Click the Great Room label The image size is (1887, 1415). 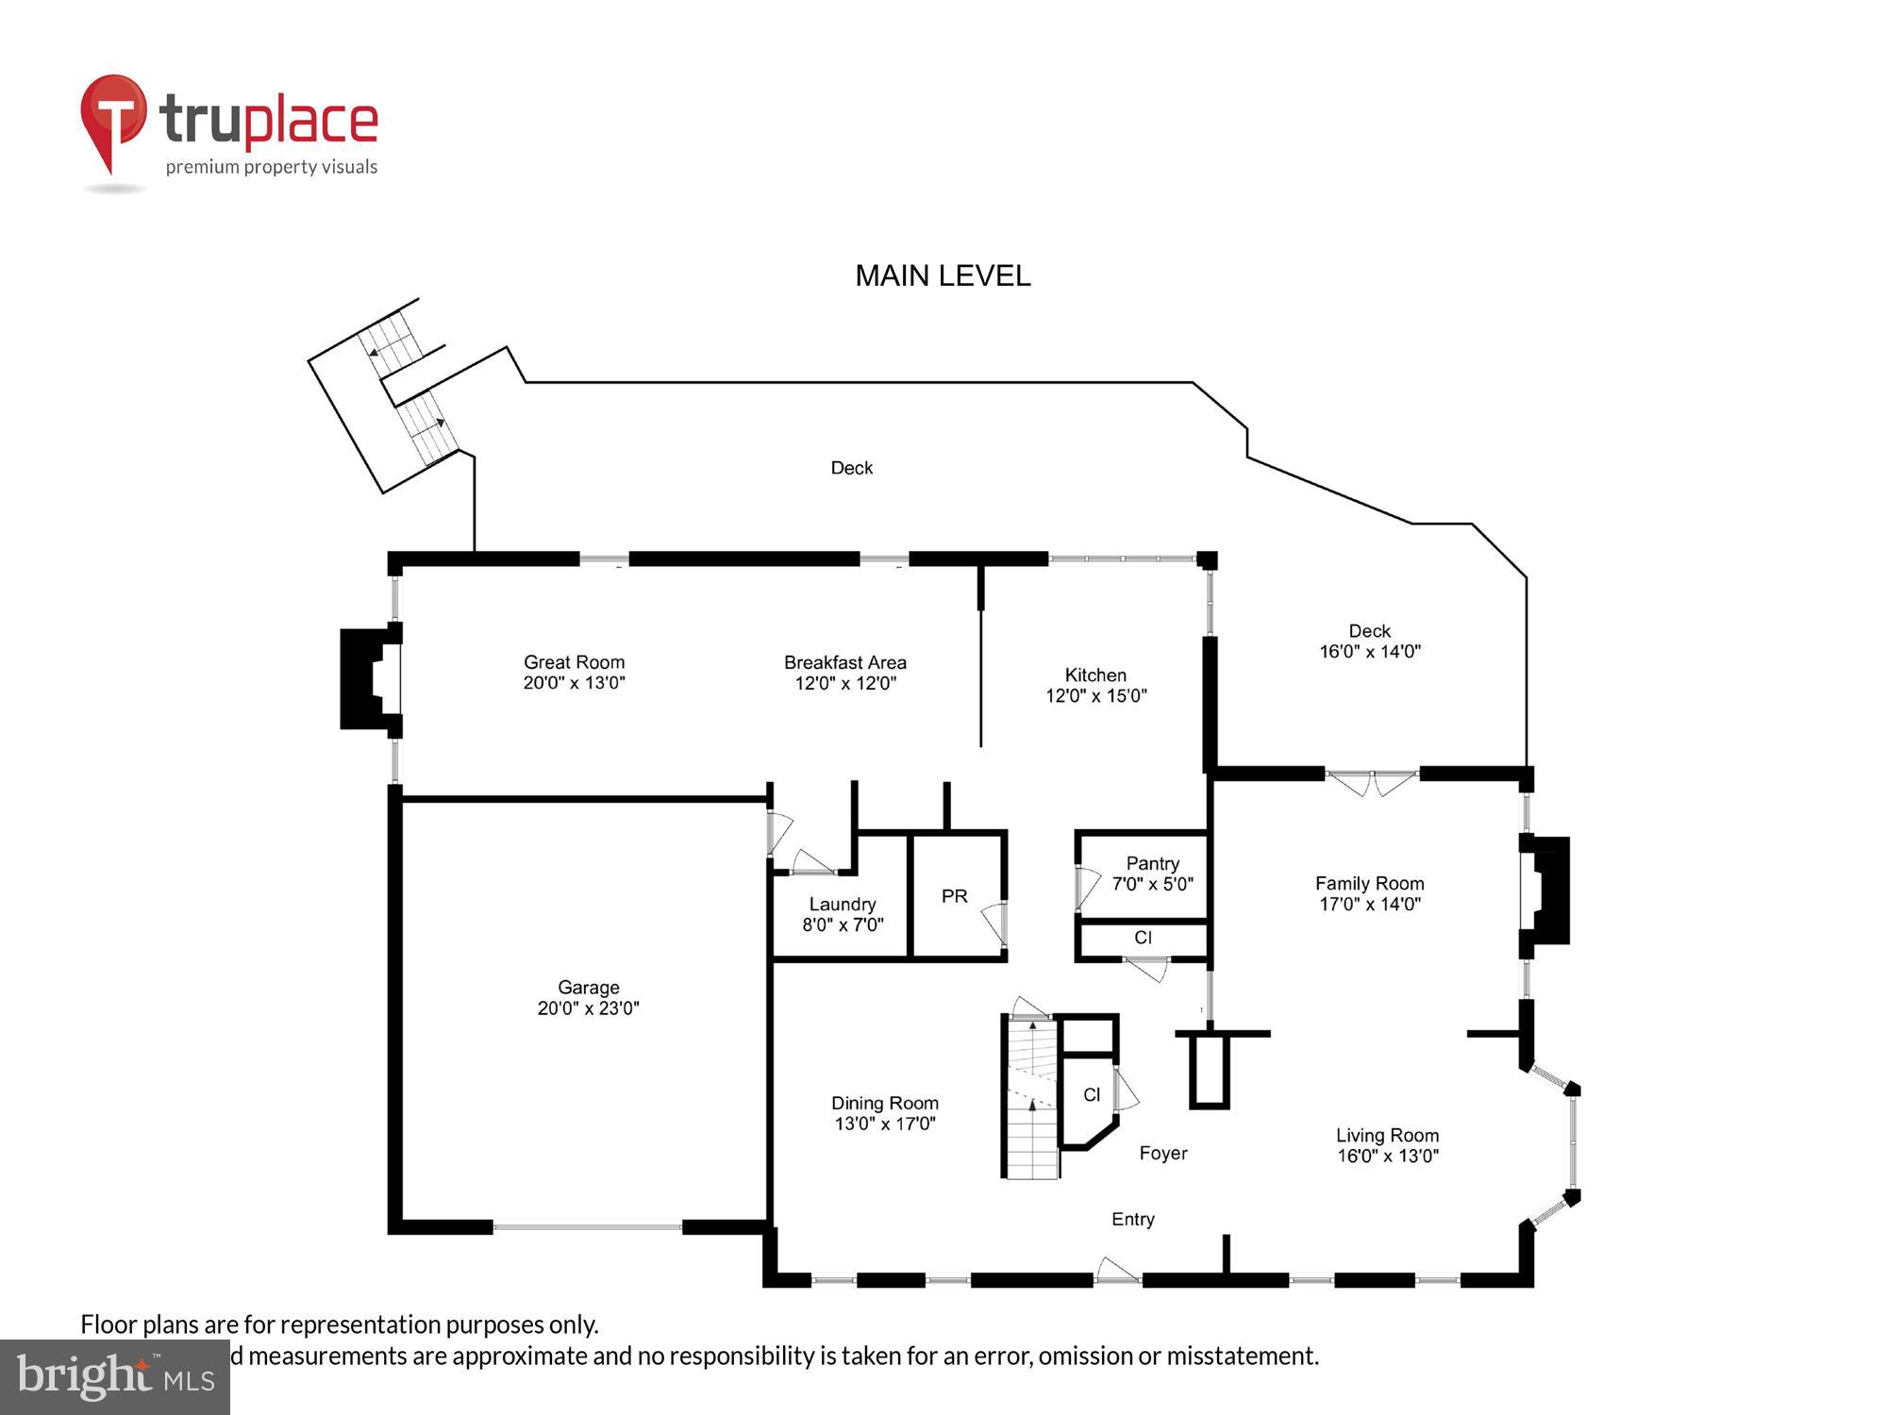pos(574,662)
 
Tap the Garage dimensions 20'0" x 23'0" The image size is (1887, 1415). pos(588,1007)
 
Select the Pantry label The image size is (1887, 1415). pos(1152,863)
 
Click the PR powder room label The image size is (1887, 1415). pos(954,896)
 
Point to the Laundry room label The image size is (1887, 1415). pos(842,904)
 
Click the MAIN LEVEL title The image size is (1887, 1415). pos(943,275)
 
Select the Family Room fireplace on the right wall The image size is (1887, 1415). pos(1547,891)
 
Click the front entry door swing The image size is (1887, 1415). pos(1118,1270)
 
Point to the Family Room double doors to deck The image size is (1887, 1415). pos(1372,781)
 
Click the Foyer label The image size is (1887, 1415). pos(1162,1153)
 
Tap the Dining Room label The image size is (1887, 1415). pos(884,1103)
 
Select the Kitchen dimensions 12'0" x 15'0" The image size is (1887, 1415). pos(1095,696)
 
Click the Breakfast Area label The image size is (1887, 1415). pos(844,662)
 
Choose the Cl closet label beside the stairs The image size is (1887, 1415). pos(1092,1094)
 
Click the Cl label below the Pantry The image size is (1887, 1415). pos(1143,938)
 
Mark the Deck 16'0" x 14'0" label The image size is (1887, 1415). pos(1369,641)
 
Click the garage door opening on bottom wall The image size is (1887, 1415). pos(587,1227)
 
